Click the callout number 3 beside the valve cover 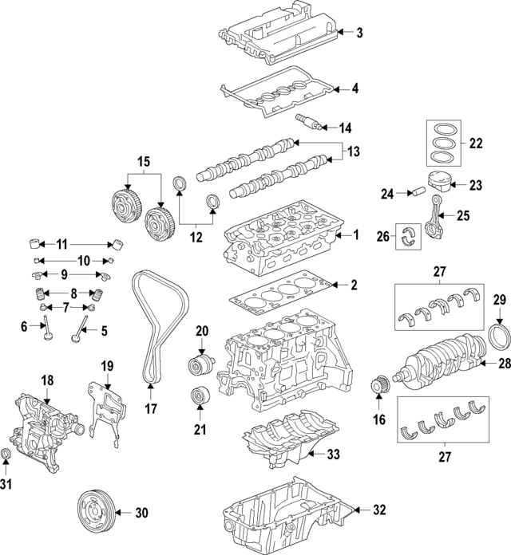point(359,33)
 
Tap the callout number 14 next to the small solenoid point(345,128)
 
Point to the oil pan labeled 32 point(287,517)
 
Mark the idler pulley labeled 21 point(196,397)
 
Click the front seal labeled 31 point(6,456)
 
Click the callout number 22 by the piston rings point(476,144)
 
